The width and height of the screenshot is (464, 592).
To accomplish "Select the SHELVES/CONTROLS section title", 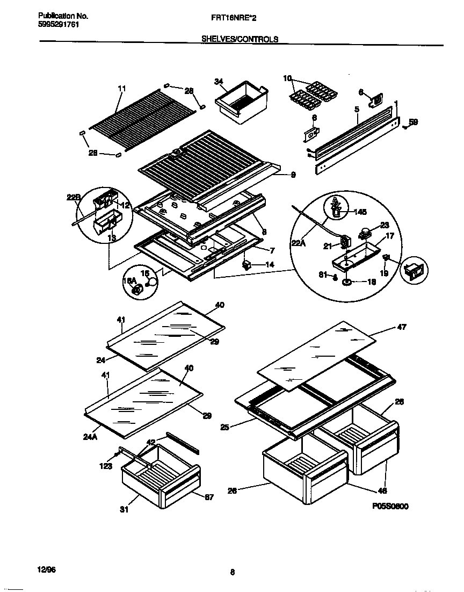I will coord(240,39).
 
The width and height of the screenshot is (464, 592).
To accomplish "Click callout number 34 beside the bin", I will coord(218,82).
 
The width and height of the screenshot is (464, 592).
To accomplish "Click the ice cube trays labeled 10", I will coord(310,93).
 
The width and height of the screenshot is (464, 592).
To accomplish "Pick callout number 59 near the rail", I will coord(413,122).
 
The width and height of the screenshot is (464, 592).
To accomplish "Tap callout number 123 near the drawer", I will coord(105,466).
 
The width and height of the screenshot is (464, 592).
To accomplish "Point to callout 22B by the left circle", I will coord(73,198).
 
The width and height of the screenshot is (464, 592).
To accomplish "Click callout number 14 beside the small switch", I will coord(269,265).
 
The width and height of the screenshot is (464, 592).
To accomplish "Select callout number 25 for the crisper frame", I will coord(225,428).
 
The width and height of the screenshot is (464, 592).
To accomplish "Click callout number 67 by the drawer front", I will coord(209,497).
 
